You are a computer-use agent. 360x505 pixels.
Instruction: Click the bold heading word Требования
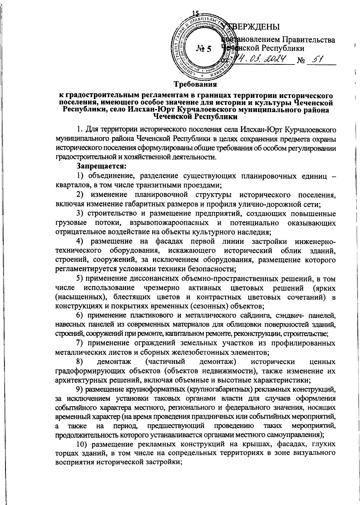(196, 85)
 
